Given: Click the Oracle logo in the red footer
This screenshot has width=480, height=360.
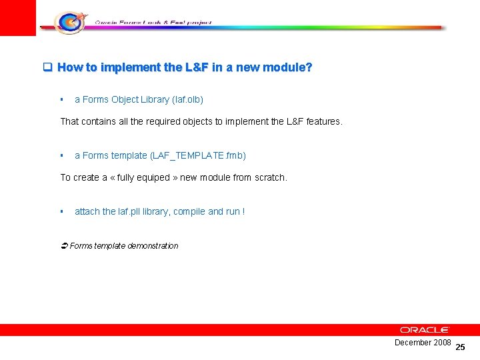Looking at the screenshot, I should [x=425, y=330].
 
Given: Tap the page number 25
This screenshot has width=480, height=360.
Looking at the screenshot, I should [x=460, y=347].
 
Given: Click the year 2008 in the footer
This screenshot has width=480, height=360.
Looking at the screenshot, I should [x=442, y=342].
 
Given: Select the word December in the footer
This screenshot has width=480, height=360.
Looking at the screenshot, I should [x=413, y=342].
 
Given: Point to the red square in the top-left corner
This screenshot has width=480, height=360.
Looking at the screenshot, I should [x=17, y=17].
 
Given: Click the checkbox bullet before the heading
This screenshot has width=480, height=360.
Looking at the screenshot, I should [x=47, y=67].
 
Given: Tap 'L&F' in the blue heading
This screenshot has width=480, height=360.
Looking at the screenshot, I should [x=197, y=67].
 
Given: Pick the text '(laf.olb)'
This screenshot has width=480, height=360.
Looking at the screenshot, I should [x=187, y=99].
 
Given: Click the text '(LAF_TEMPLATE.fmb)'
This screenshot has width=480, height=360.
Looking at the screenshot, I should [x=198, y=155].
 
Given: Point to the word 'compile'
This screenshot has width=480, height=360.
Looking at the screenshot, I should [x=189, y=211].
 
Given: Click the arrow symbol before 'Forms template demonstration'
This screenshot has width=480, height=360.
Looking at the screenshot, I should [x=64, y=245].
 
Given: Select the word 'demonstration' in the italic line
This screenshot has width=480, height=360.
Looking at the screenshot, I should [x=153, y=245].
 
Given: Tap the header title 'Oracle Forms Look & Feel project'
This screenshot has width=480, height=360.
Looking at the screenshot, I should [x=153, y=22].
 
